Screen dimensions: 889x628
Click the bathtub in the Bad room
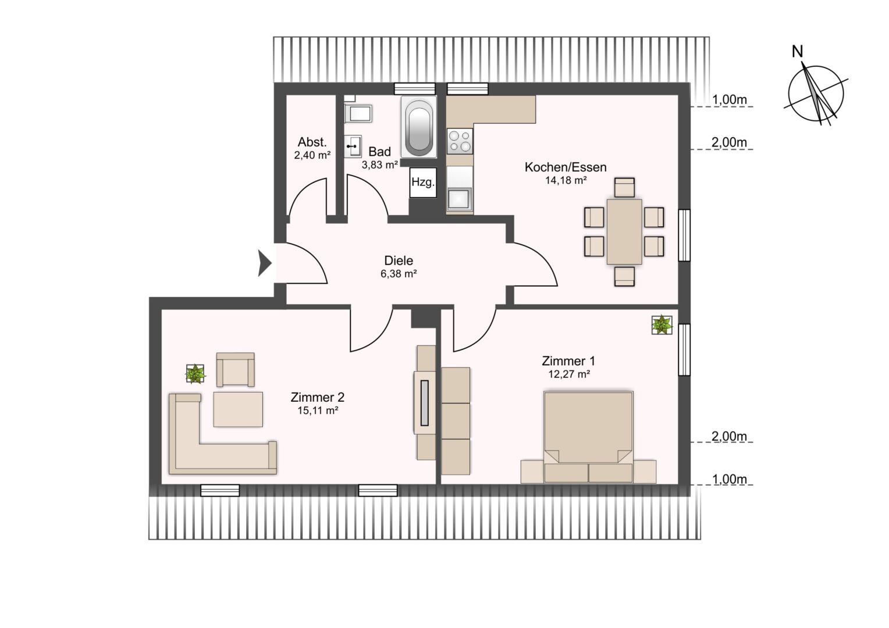pyautogui.click(x=418, y=127)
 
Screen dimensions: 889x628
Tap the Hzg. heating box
pyautogui.click(x=423, y=183)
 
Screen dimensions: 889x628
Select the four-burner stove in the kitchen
pyautogui.click(x=460, y=141)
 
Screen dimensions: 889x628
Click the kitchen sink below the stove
pyautogui.click(x=460, y=199)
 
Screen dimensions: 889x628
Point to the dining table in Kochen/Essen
pyautogui.click(x=624, y=231)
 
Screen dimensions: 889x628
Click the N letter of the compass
pyautogui.click(x=797, y=51)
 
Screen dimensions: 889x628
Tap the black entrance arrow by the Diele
pyautogui.click(x=265, y=263)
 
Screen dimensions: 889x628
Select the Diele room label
pyautogui.click(x=399, y=261)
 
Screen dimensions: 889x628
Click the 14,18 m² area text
pyautogui.click(x=566, y=180)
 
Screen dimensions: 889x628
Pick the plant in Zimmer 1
pyautogui.click(x=662, y=325)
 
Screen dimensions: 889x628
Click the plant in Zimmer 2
pyautogui.click(x=195, y=374)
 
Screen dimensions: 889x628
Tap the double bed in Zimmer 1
pyautogui.click(x=588, y=437)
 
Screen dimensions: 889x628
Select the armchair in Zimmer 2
pyautogui.click(x=236, y=369)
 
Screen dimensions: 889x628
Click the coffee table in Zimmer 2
pyautogui.click(x=238, y=409)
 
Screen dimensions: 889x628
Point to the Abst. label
pyautogui.click(x=312, y=142)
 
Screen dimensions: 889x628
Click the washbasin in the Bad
pyautogui.click(x=353, y=146)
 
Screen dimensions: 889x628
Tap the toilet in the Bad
pyautogui.click(x=358, y=113)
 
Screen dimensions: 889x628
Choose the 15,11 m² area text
pyautogui.click(x=318, y=411)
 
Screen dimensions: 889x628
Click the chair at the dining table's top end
pyautogui.click(x=624, y=187)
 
